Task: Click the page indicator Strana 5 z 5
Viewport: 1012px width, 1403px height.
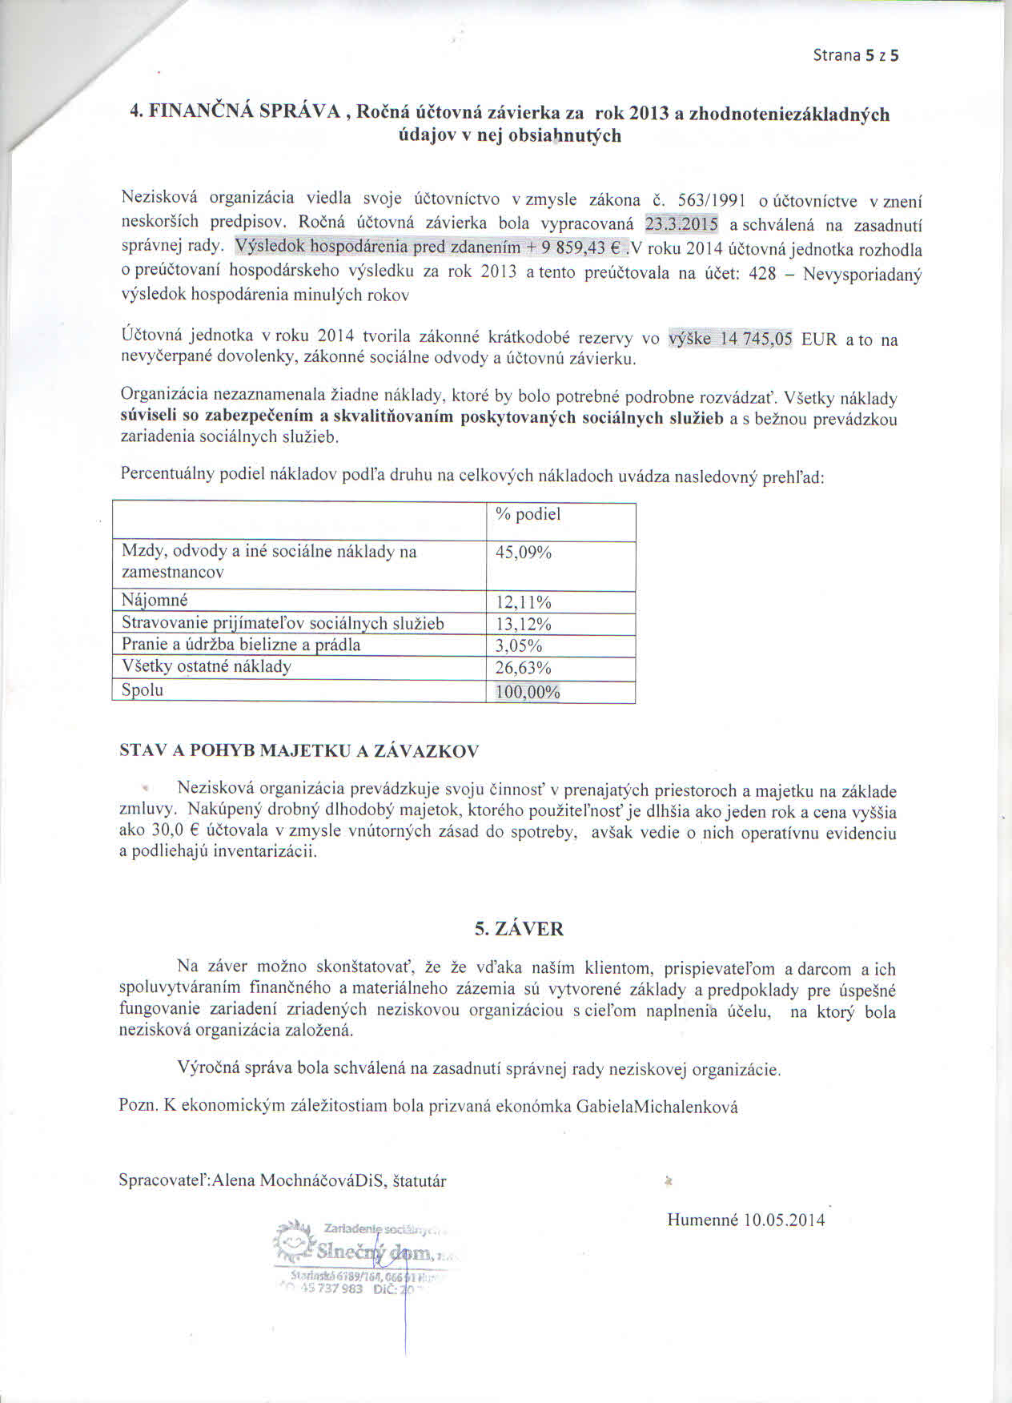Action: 855,55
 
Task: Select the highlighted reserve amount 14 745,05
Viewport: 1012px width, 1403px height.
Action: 755,340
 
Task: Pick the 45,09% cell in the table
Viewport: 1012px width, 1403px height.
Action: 524,553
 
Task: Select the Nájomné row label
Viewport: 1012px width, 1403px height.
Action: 155,601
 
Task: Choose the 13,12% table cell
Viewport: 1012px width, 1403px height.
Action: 524,625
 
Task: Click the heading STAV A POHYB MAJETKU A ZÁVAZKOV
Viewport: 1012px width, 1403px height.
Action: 299,751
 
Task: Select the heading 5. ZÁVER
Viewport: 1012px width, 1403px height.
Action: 519,929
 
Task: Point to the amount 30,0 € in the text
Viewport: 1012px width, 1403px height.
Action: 176,831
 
